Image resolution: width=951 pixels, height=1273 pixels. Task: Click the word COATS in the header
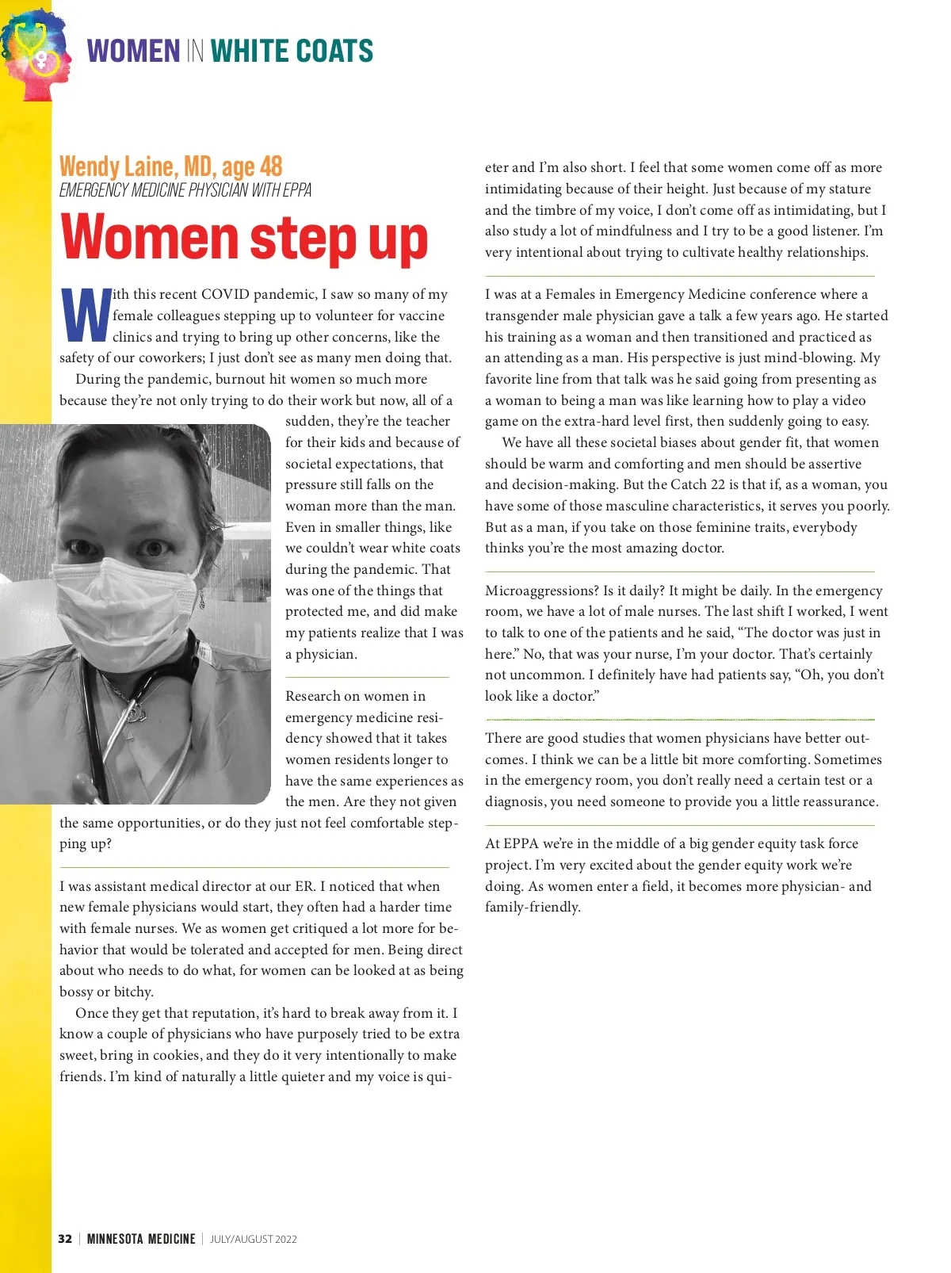click(333, 52)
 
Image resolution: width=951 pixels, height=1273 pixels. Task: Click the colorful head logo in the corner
click(36, 54)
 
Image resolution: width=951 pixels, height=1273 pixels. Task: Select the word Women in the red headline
click(149, 238)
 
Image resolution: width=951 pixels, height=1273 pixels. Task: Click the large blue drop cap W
click(85, 315)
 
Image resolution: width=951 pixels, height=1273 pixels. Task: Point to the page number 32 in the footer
click(65, 1239)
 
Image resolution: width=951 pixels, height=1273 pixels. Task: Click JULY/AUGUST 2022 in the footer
click(254, 1239)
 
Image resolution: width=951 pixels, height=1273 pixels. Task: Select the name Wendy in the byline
click(89, 166)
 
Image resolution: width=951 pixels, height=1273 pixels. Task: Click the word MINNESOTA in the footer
click(115, 1239)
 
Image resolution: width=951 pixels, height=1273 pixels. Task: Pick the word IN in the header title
click(195, 52)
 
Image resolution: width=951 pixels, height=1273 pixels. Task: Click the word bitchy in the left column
click(132, 992)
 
